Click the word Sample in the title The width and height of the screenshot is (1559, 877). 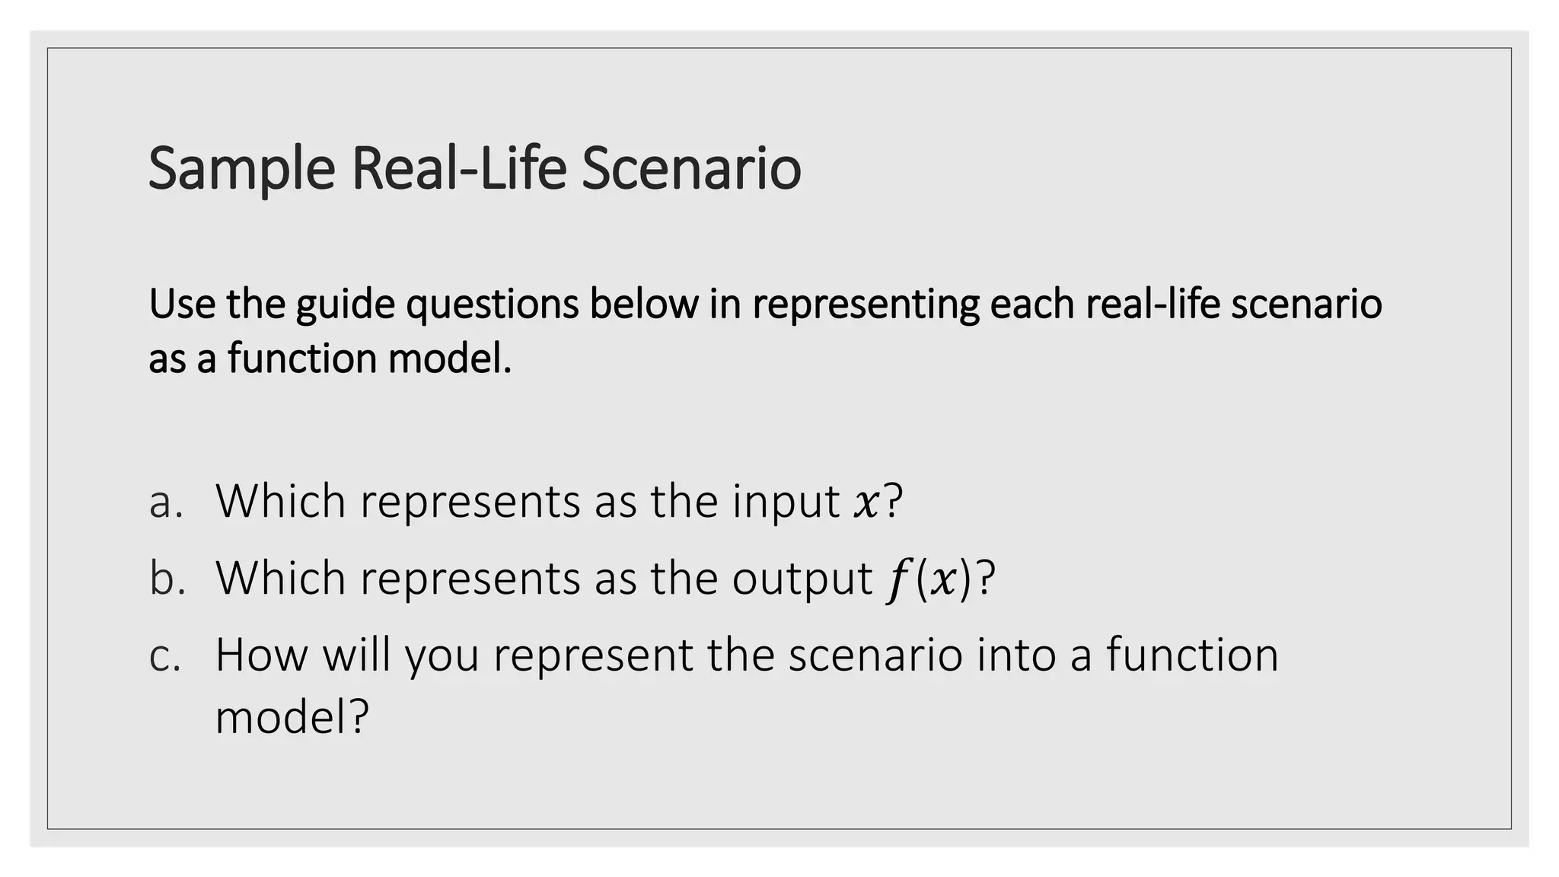pos(241,169)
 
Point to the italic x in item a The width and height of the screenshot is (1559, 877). pos(866,504)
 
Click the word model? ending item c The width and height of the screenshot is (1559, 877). pos(292,717)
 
